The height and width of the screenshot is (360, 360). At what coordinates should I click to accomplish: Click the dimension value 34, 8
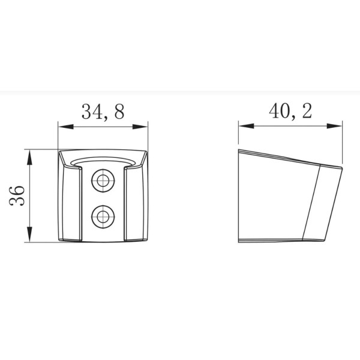tap(102, 112)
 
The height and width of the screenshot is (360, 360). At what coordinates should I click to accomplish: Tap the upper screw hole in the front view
tap(103, 179)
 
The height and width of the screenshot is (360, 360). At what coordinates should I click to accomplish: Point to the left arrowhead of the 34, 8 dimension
tap(62, 126)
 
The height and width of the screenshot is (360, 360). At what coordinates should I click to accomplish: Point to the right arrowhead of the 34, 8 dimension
tap(144, 126)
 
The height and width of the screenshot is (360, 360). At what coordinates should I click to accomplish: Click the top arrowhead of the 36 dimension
tap(29, 154)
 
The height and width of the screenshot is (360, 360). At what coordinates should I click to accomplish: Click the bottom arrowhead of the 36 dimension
tap(29, 238)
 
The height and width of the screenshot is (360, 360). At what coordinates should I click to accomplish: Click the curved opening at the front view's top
tap(103, 163)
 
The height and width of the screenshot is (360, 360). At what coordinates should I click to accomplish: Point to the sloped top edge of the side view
tap(282, 157)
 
